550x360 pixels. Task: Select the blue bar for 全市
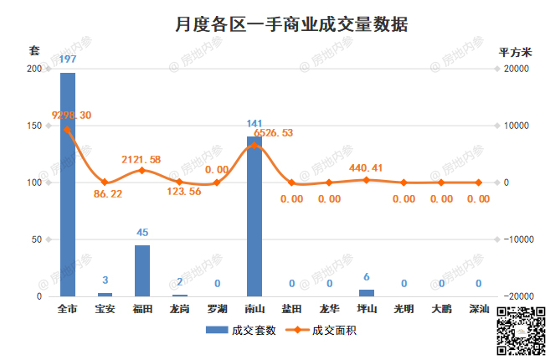click(68, 184)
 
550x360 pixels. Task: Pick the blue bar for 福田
click(142, 270)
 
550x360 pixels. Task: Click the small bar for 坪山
click(367, 292)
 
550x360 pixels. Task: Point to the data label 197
click(68, 59)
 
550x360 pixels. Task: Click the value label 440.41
click(366, 168)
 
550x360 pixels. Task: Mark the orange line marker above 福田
click(142, 170)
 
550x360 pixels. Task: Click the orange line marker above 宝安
click(105, 182)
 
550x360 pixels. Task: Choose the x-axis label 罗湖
click(217, 309)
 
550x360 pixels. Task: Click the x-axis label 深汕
click(479, 309)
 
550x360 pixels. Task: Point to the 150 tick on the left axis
click(35, 126)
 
